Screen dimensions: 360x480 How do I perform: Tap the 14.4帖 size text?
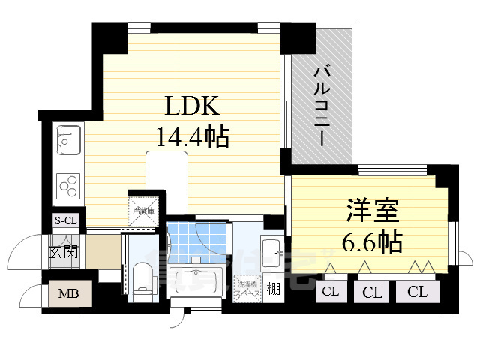click(x=192, y=136)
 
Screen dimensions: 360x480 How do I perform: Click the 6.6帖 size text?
click(x=372, y=241)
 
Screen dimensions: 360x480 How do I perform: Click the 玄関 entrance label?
click(x=64, y=251)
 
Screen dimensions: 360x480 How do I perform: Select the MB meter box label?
click(x=70, y=293)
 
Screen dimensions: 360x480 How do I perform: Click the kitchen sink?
click(x=67, y=139)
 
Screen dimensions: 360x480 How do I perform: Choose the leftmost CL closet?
click(x=331, y=292)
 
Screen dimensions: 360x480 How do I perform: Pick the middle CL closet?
click(x=372, y=292)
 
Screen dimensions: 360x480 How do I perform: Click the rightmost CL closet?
click(x=418, y=292)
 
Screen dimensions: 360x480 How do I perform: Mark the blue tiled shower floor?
click(x=196, y=240)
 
